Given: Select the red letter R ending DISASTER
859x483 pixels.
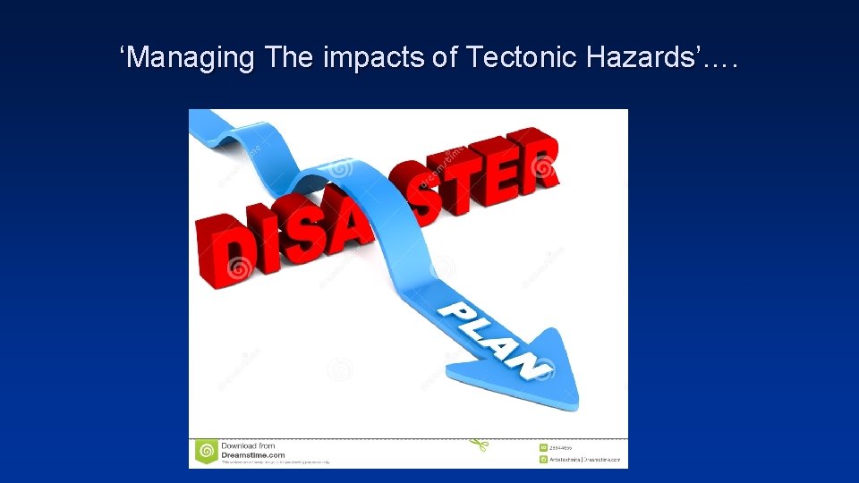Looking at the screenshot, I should coord(538,161).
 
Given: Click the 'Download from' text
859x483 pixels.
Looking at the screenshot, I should coord(249,445).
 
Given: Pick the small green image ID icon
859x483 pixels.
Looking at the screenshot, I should coord(543,446).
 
